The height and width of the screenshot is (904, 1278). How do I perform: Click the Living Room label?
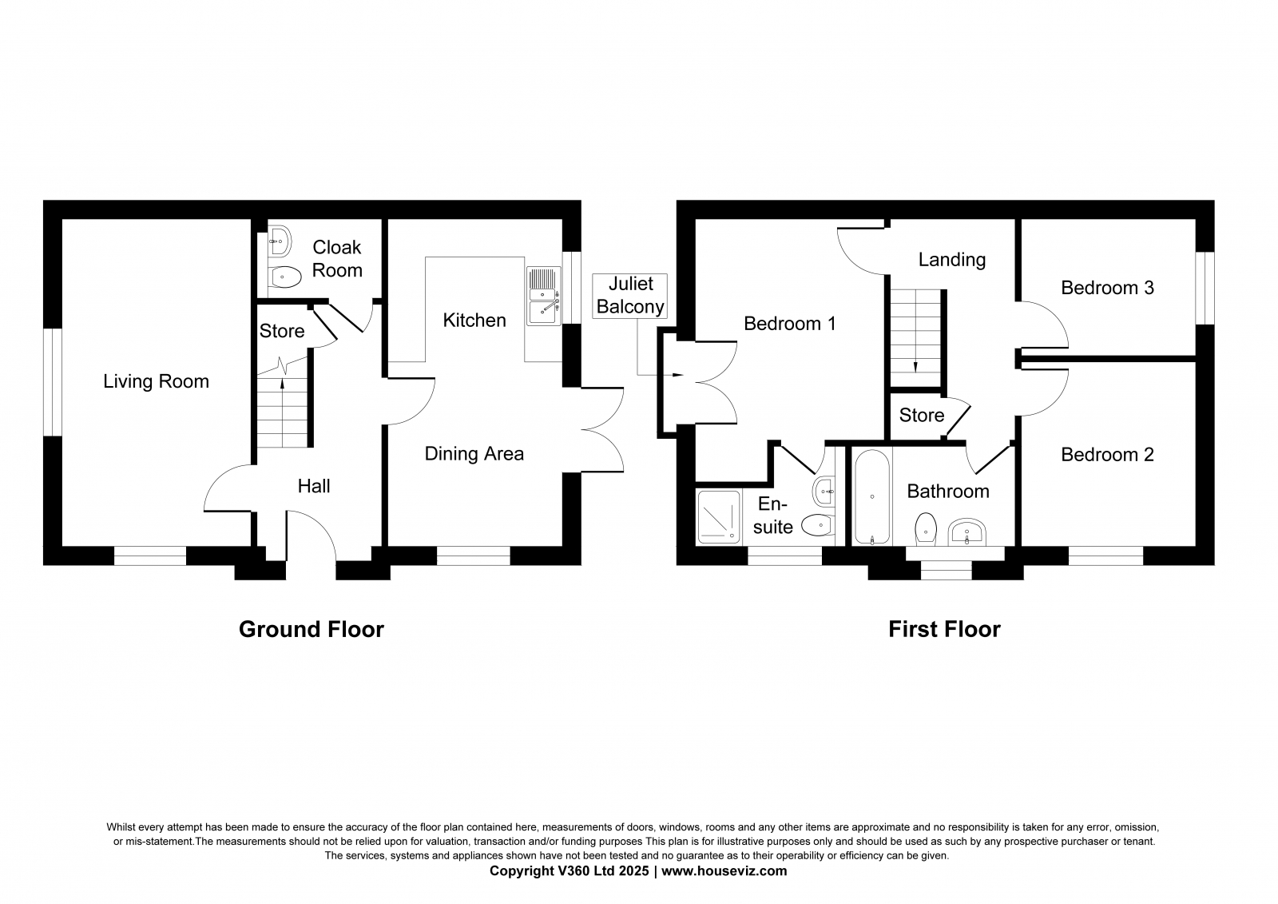tap(156, 381)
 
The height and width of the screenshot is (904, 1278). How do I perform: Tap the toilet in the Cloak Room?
tap(284, 277)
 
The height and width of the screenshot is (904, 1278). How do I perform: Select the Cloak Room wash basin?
tap(280, 242)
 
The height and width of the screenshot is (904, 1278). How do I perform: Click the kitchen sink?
tap(544, 297)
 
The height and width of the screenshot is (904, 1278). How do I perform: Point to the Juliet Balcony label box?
tap(630, 295)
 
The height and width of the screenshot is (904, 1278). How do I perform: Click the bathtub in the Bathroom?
tap(871, 497)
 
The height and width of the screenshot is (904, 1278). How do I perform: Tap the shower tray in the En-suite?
tap(719, 517)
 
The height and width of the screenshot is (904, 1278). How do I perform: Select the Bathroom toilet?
tap(926, 528)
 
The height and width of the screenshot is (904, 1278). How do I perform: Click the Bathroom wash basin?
tap(967, 532)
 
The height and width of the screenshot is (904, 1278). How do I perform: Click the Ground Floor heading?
tap(312, 629)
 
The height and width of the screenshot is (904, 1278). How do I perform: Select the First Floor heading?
tap(944, 629)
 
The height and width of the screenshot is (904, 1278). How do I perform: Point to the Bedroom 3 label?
tap(1107, 288)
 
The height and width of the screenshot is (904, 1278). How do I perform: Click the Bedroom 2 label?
tap(1107, 455)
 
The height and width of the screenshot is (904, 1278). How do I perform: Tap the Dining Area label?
tap(474, 453)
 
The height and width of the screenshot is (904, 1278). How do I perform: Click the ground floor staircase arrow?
tap(283, 412)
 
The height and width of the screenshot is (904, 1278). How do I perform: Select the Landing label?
tap(951, 260)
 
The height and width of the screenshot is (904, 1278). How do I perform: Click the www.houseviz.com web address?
tap(724, 871)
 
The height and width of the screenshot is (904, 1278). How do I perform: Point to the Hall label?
tap(314, 486)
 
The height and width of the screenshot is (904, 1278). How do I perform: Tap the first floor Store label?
tap(922, 415)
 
